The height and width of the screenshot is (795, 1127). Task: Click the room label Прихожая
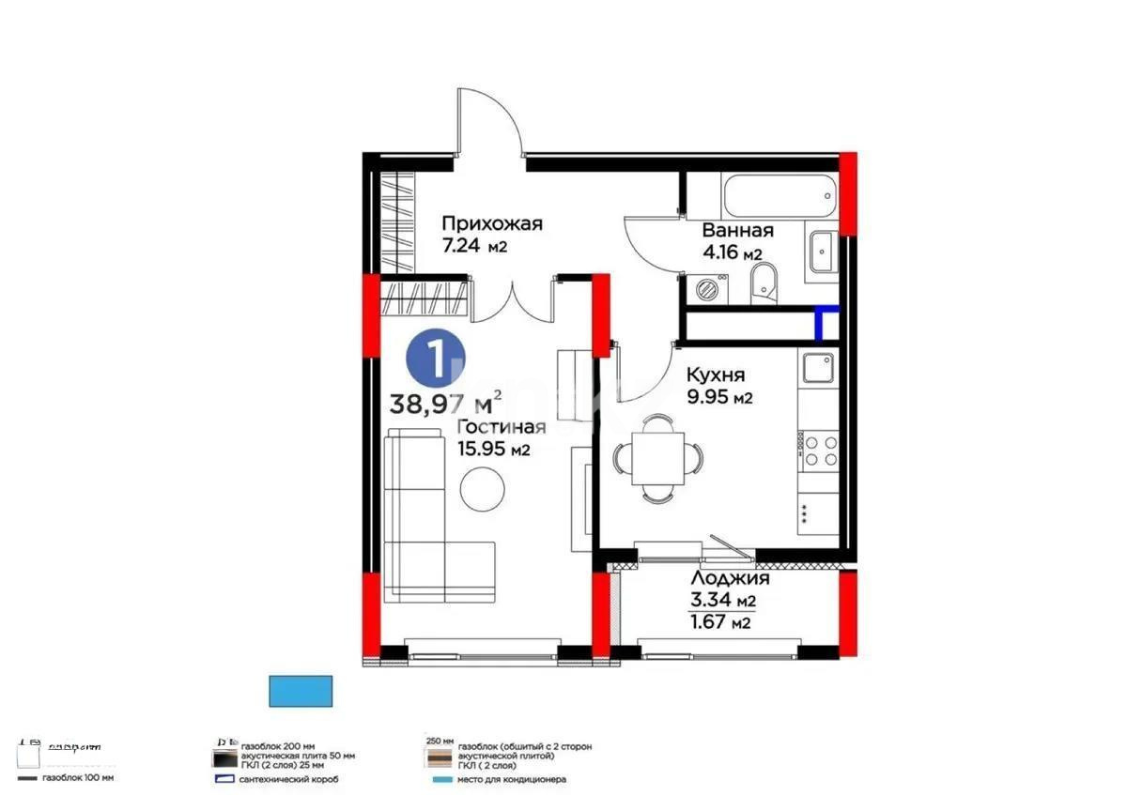coord(492,223)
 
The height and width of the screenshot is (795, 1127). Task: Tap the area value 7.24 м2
coord(474,247)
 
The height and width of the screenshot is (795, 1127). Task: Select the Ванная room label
coord(737,231)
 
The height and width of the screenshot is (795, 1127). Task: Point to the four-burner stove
coord(818,448)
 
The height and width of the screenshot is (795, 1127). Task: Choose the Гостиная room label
coord(501,427)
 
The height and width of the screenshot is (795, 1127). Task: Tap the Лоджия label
coord(723,578)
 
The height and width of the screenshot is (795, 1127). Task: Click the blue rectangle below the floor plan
coord(301,691)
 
